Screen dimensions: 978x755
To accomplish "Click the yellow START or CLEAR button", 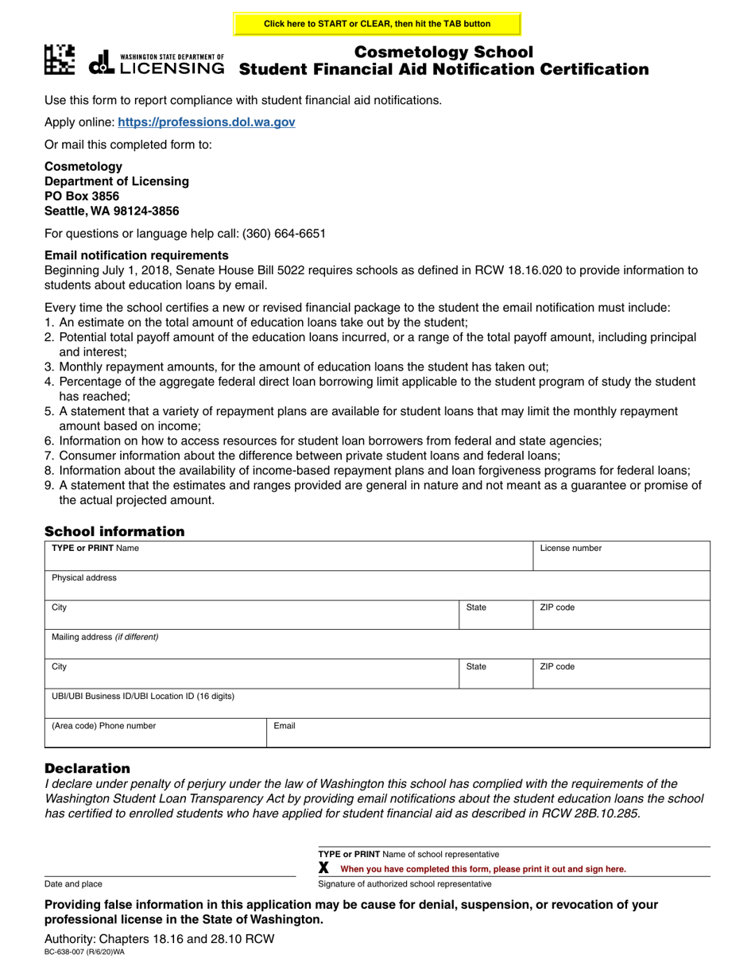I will [x=377, y=24].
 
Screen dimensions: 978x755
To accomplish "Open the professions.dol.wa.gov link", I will [x=207, y=122].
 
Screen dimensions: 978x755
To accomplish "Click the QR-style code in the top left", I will [x=60, y=60].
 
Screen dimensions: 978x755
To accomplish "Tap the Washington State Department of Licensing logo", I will [x=157, y=63].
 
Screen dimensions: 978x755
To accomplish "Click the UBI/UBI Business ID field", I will [x=376, y=704].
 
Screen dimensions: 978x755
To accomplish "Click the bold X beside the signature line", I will [x=323, y=868].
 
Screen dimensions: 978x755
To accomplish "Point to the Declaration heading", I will [x=87, y=769].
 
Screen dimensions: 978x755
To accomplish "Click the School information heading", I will [x=114, y=532].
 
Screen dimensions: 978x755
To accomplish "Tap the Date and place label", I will [x=73, y=884].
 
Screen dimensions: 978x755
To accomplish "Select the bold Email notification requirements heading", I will [x=137, y=255].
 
